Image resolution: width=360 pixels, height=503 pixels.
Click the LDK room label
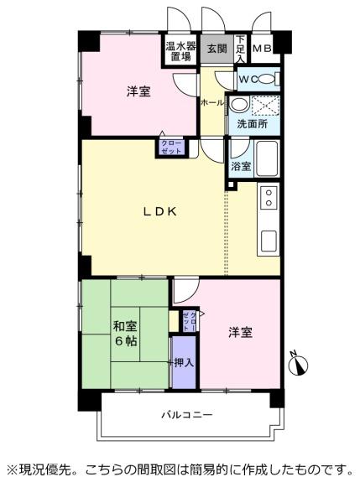[x=159, y=211]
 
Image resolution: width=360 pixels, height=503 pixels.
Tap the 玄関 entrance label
[x=217, y=49]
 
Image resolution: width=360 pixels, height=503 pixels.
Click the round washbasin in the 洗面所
[x=239, y=104]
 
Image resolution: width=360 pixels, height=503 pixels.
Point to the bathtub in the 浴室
[x=267, y=158]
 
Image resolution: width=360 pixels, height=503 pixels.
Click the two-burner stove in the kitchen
[x=269, y=197]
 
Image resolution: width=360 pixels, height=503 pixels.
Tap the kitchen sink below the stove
[x=269, y=241]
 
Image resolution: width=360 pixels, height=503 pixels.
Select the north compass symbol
[x=300, y=364]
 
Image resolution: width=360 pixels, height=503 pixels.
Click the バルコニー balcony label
[x=186, y=415]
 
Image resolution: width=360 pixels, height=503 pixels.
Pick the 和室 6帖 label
[x=126, y=334]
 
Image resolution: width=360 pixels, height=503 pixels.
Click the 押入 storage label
[x=184, y=363]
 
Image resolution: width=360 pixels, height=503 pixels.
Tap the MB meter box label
[x=262, y=49]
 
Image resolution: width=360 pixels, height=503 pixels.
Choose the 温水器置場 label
[x=180, y=52]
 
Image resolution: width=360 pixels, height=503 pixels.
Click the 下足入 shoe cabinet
[x=240, y=49]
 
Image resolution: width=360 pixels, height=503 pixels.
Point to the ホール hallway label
[x=212, y=102]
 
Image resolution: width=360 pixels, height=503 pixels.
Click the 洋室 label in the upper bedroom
[x=138, y=92]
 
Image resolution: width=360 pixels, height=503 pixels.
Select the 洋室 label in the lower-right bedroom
[x=241, y=332]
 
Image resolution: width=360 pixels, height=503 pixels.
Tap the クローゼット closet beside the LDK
[x=171, y=148]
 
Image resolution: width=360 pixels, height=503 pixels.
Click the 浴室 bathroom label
[x=241, y=167]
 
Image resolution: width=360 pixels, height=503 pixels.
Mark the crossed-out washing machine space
[x=265, y=106]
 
